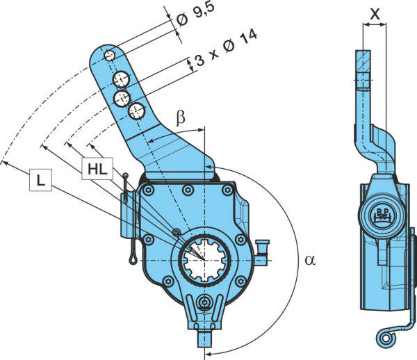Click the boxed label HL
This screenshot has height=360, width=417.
(97, 169)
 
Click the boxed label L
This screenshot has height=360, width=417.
(40, 180)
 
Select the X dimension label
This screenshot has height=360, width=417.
(375, 15)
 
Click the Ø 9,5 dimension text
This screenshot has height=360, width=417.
(195, 14)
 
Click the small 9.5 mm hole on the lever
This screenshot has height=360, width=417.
(109, 56)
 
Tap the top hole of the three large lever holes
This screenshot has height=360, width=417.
(121, 79)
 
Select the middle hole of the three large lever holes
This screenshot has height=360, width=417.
(122, 99)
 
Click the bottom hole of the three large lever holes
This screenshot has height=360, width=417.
(136, 111)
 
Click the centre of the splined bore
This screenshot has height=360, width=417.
(204, 259)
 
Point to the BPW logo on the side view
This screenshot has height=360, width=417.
(382, 214)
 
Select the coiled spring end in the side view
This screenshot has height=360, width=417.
(385, 338)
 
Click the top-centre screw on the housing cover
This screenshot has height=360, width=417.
(188, 189)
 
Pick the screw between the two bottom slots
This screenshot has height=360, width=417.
(204, 302)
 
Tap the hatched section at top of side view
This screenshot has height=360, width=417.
(363, 60)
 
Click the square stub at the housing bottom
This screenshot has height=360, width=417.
(204, 338)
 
